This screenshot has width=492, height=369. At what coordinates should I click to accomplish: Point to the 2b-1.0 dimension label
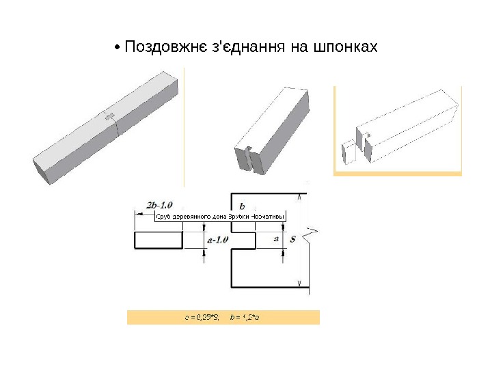click(159, 204)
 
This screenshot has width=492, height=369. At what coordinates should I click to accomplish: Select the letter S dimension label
click(292, 239)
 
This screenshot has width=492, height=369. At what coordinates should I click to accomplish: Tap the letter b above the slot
click(242, 205)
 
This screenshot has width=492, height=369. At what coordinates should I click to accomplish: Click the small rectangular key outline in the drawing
click(159, 240)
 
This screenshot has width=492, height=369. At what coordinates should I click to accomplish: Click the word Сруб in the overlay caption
click(163, 217)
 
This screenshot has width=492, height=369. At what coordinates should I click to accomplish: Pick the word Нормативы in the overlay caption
click(268, 217)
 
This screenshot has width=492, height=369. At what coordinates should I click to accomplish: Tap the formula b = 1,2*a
click(247, 317)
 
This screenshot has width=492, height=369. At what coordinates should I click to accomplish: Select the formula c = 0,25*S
click(202, 317)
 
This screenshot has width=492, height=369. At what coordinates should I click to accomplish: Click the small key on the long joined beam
click(109, 118)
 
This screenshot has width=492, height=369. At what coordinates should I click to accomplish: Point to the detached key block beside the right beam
click(348, 152)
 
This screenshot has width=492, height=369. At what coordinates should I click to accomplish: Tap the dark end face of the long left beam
click(42, 172)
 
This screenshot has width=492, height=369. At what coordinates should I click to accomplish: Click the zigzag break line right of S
click(313, 236)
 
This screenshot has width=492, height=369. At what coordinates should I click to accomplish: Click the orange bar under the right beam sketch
click(398, 174)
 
